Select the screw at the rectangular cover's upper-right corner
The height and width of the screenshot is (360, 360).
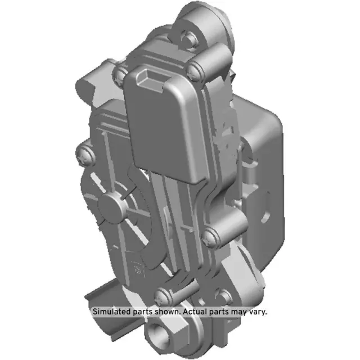tap(194, 71)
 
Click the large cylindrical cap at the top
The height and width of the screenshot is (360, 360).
tap(205, 22)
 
